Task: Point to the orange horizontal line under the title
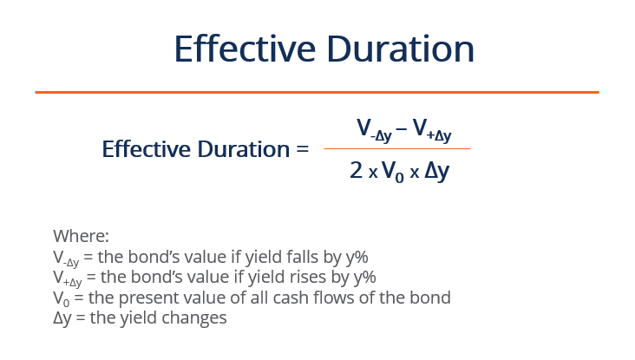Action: pyautogui.click(x=317, y=92)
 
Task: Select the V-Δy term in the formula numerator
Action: pyautogui.click(x=374, y=131)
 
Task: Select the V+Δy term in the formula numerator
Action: pyautogui.click(x=432, y=131)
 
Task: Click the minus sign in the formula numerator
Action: pyautogui.click(x=402, y=130)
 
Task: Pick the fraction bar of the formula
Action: pyautogui.click(x=396, y=148)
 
